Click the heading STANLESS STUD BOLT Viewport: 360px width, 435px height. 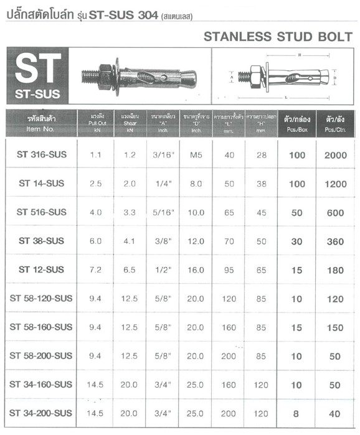click(x=278, y=37)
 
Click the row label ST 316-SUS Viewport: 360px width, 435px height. click(x=42, y=155)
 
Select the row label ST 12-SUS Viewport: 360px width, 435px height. click(x=42, y=269)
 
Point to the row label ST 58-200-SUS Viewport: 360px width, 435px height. click(x=42, y=355)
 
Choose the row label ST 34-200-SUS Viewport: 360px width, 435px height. click(x=42, y=413)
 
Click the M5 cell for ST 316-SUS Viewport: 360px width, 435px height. click(x=196, y=155)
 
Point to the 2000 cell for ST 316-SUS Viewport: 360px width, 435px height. click(x=336, y=155)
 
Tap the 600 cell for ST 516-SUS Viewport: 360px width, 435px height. click(x=336, y=212)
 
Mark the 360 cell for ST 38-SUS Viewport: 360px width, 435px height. click(x=336, y=241)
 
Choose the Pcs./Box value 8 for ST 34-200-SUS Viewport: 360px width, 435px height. click(x=297, y=413)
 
